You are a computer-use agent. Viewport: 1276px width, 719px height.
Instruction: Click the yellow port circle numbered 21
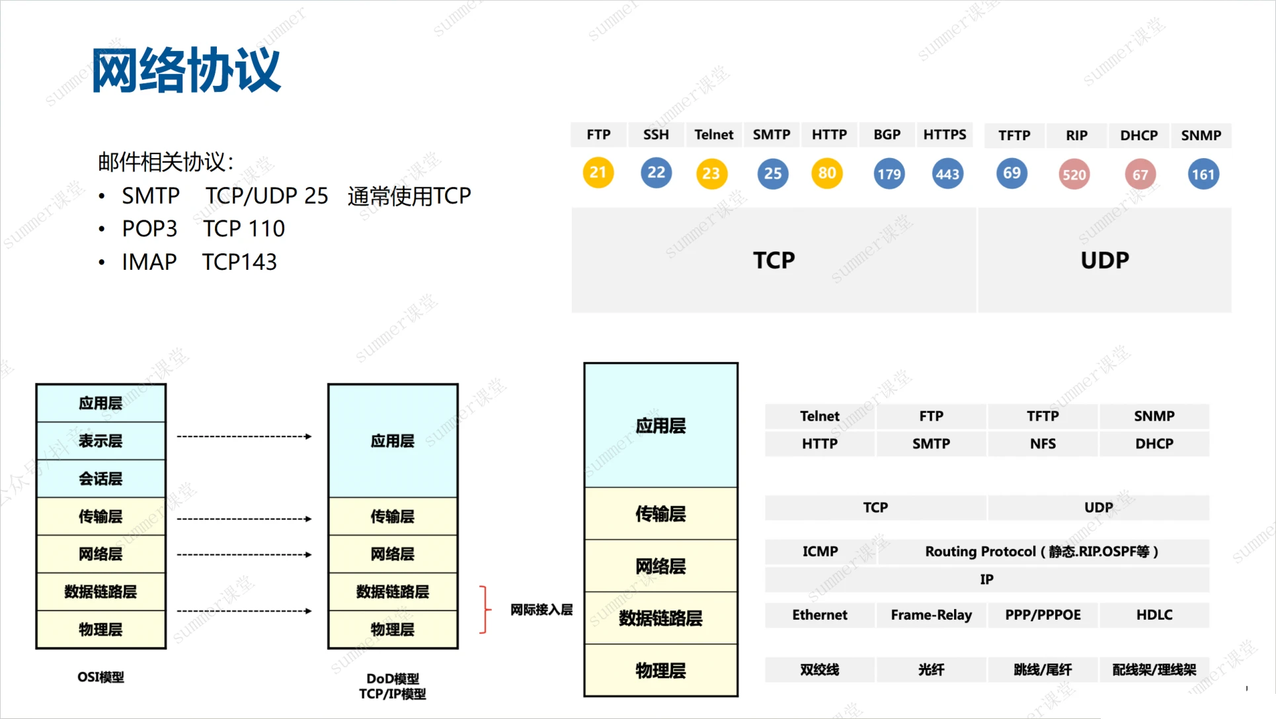[598, 173]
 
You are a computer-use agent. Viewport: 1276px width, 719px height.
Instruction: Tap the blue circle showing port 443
[947, 174]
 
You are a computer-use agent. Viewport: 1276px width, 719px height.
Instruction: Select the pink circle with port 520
[1074, 175]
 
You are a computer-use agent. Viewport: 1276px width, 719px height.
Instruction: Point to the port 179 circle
[889, 174]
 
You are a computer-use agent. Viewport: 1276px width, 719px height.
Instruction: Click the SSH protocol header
[656, 135]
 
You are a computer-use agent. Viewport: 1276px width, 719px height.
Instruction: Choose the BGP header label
[887, 135]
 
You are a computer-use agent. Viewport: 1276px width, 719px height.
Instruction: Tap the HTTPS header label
[944, 135]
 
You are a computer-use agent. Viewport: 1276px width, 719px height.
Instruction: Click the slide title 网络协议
[186, 70]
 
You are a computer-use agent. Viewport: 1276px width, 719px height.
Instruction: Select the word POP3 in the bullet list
[149, 229]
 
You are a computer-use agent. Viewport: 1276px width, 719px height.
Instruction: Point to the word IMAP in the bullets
[149, 262]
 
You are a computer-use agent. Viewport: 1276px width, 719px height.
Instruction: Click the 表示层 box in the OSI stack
[100, 441]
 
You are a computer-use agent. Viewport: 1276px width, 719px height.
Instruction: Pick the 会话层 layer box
[100, 478]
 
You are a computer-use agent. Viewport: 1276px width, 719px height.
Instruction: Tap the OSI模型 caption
[100, 677]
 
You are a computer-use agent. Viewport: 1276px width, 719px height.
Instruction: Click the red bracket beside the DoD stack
[485, 609]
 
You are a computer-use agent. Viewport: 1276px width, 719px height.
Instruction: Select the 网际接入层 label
[541, 609]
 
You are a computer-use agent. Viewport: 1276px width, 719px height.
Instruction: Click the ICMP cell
[820, 551]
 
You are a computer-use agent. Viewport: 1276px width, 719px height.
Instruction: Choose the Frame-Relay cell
[931, 614]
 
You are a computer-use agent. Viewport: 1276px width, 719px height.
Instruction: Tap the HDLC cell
[1154, 614]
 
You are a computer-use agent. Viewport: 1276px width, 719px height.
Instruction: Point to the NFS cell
[1043, 443]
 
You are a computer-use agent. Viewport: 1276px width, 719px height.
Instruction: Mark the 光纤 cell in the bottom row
[931, 669]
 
